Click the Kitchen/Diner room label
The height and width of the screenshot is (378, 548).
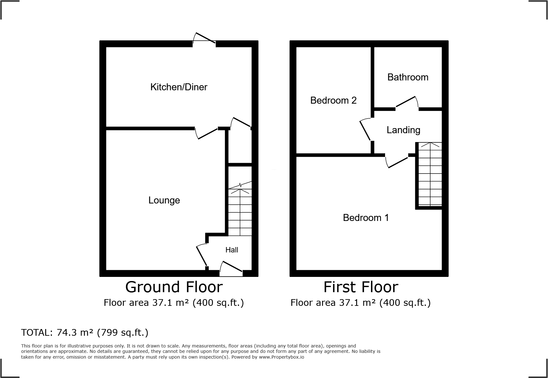[x=179, y=87]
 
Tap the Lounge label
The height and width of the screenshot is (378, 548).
[x=164, y=200]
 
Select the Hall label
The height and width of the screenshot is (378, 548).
[x=232, y=250]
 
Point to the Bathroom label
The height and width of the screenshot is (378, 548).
[x=408, y=77]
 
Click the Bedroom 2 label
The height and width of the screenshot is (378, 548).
[x=333, y=100]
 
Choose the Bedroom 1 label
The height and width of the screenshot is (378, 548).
[x=366, y=218]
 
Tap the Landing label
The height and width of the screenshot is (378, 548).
[x=403, y=130]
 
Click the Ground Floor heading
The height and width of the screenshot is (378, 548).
[x=174, y=287]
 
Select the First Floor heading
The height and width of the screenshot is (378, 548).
[x=361, y=287]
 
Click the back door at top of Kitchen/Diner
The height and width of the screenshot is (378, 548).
[x=204, y=38]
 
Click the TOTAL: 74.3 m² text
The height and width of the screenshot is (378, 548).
[x=85, y=333]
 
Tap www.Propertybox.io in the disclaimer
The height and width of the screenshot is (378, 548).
[x=281, y=357]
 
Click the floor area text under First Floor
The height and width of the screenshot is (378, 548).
[x=361, y=303]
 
